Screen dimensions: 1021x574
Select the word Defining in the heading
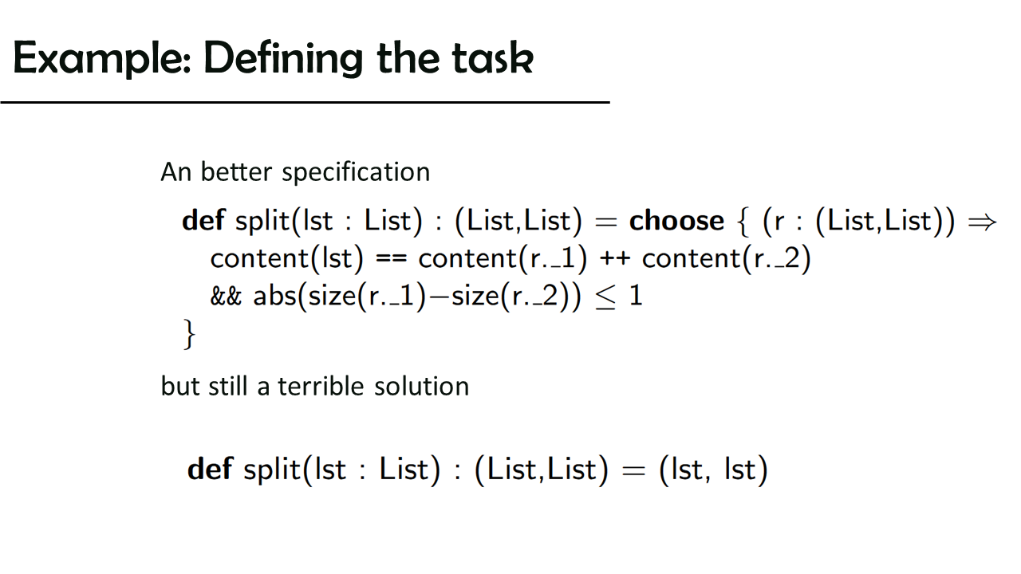[x=283, y=59]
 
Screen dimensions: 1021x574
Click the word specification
[x=356, y=173]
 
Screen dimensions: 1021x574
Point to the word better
[x=236, y=172]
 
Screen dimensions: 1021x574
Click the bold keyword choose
[x=676, y=221]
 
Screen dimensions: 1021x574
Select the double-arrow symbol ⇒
[x=982, y=222]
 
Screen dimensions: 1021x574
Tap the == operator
[x=391, y=260]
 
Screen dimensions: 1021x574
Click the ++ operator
[x=615, y=259]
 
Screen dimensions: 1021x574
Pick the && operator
[x=226, y=296]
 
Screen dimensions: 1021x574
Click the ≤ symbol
[x=605, y=297]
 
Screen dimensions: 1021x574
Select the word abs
[x=275, y=296]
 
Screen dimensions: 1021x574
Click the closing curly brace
[x=189, y=334]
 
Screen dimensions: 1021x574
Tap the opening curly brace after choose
[x=743, y=222]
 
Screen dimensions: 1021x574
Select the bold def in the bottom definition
[x=210, y=469]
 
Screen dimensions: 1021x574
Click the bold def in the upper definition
[x=203, y=221]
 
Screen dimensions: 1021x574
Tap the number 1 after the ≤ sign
[x=636, y=296]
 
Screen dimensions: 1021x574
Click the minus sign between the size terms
[x=439, y=297]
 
